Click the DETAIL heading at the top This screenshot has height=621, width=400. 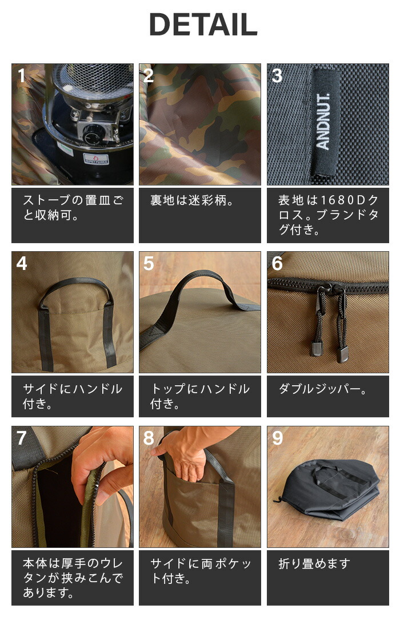click(x=203, y=25)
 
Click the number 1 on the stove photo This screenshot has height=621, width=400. click(x=21, y=76)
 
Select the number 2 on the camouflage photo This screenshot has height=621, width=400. click(x=149, y=76)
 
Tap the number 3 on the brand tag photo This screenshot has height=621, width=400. click(x=277, y=76)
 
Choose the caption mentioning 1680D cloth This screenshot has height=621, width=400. click(x=327, y=215)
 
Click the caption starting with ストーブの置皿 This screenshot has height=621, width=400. click(x=72, y=208)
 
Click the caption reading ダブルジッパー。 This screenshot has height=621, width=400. click(x=322, y=389)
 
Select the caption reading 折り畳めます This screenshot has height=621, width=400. click(x=314, y=564)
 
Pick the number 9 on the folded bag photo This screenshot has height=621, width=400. click(x=277, y=438)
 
